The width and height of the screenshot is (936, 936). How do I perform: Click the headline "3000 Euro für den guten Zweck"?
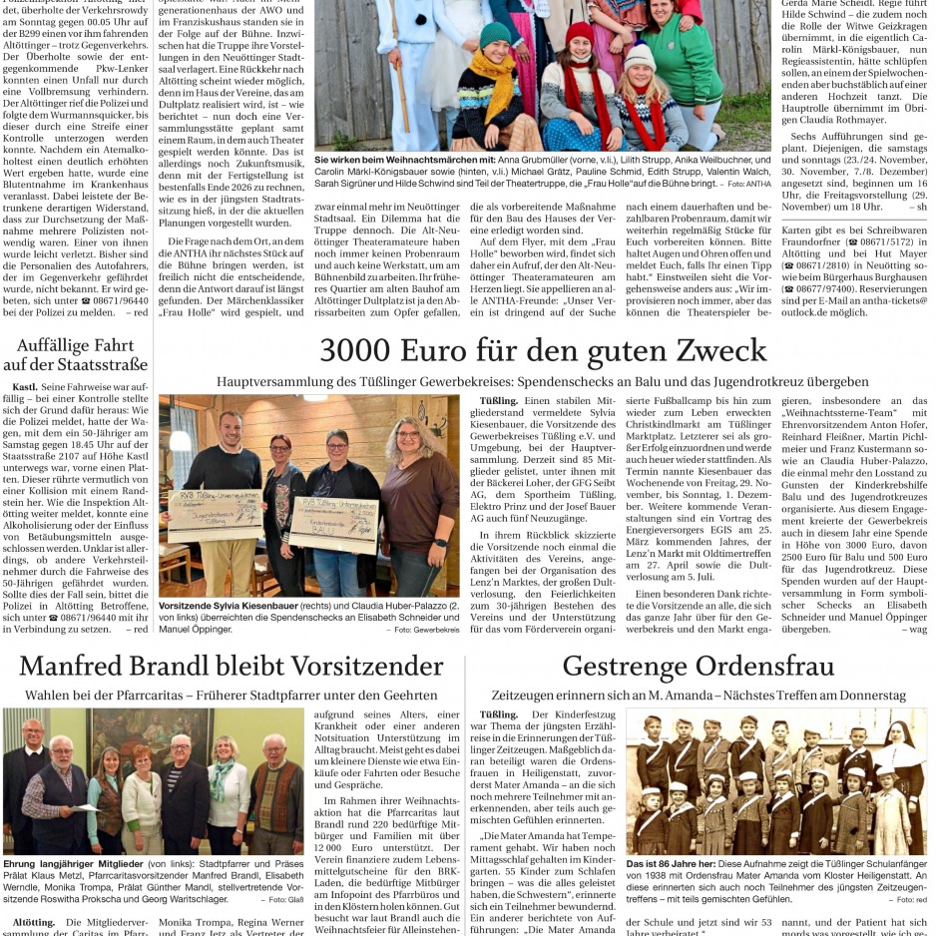543,350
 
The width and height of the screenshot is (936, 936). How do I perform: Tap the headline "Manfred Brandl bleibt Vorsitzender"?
232,666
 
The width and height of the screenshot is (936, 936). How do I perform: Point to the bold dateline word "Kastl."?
25,385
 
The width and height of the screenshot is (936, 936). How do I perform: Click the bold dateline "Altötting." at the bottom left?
34,923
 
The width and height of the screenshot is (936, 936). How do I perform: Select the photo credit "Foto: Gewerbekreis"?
426,630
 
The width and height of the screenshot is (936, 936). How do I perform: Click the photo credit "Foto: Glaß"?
279,899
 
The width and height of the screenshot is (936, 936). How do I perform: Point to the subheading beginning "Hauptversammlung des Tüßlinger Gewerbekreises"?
543,381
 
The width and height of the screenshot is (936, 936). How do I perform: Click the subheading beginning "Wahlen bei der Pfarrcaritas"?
232,695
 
